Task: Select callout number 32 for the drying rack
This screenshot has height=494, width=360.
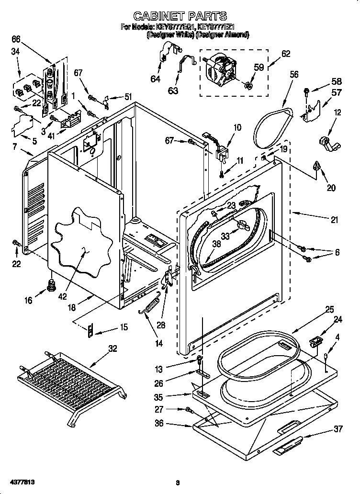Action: coord(112,348)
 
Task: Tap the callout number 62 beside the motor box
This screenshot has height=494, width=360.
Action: coord(285,54)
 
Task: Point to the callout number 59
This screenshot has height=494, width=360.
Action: coord(259,67)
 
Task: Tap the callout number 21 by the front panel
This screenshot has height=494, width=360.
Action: coord(334,220)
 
